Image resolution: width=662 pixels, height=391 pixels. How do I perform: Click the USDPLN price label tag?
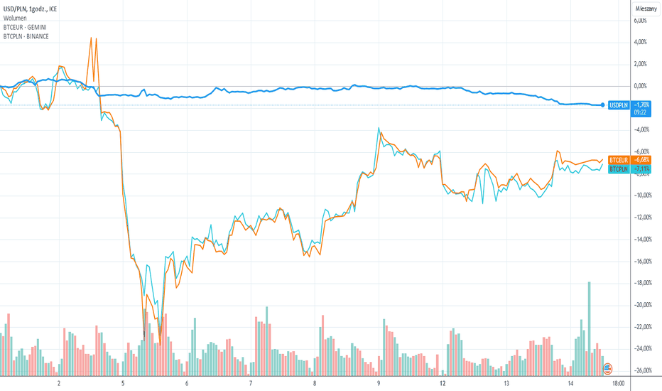[619, 105]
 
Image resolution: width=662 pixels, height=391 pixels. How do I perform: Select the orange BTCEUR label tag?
[619, 160]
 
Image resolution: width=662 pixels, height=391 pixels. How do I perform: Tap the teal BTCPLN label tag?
[619, 169]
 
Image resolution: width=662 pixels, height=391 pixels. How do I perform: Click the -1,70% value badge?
[641, 105]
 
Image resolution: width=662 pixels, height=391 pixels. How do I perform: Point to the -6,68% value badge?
[641, 160]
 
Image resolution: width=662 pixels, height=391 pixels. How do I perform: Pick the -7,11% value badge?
[641, 169]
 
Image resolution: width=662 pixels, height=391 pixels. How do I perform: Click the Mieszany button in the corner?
[646, 9]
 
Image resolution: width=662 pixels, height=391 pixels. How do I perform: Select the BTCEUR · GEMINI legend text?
[25, 28]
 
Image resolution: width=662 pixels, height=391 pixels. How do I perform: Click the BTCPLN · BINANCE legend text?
[26, 37]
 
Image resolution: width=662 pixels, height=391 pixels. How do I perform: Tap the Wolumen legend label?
[15, 18]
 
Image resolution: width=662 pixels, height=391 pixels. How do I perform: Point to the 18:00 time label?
[618, 383]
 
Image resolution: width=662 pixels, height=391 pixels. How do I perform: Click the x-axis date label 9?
[379, 383]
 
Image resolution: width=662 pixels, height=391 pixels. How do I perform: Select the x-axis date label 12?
[443, 383]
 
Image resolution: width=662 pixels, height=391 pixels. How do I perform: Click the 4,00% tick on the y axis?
[640, 42]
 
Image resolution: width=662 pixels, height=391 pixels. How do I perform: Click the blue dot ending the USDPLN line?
[602, 105]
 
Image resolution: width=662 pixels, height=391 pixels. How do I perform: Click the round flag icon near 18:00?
[607, 368]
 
